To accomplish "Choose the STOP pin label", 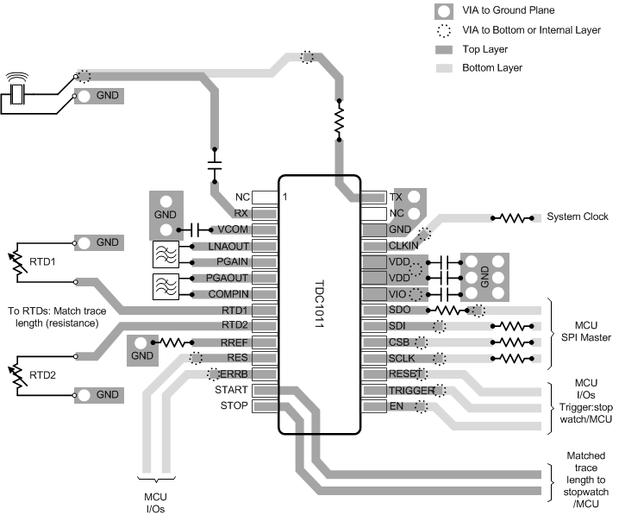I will coord(234,405).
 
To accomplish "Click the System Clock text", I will coord(578,217).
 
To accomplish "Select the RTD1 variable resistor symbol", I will coord(16,263).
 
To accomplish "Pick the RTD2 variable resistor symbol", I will coord(16,375).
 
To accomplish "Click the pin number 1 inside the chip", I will coord(286,198).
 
